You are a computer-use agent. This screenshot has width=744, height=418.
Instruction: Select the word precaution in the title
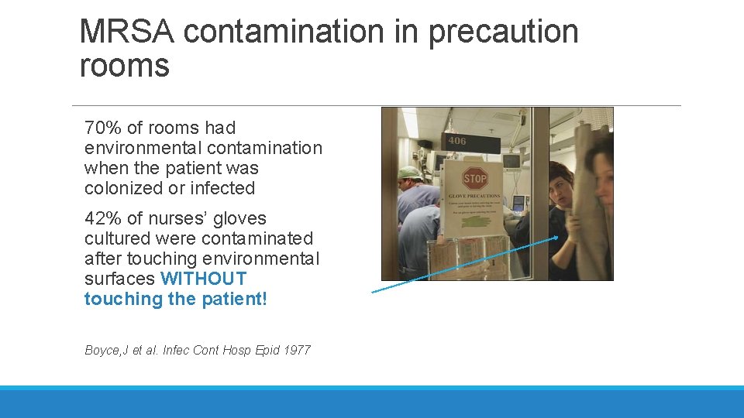[x=503, y=33]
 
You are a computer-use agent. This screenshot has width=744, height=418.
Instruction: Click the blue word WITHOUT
[x=203, y=279]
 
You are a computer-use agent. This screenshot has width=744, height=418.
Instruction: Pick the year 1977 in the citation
[x=297, y=350]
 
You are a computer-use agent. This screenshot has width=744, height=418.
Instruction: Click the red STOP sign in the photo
[x=474, y=179]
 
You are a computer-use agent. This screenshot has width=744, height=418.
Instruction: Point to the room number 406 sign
[x=457, y=141]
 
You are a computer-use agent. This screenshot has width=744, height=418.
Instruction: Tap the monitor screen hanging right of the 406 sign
[x=511, y=162]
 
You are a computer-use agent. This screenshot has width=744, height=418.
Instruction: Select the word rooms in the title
[x=124, y=66]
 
